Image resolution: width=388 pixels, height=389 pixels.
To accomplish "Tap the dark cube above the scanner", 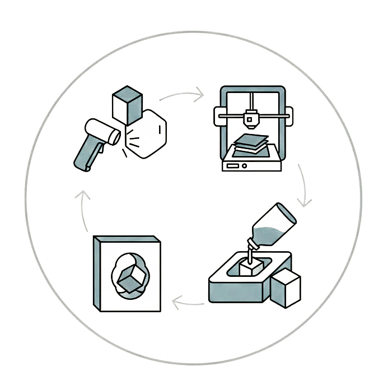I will tap(127, 105).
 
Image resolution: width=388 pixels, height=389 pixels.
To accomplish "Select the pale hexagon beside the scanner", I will tap(148, 134).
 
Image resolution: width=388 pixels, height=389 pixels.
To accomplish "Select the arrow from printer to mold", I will tap(305, 187).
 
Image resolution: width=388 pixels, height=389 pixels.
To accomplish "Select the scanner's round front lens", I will tap(115, 136).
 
